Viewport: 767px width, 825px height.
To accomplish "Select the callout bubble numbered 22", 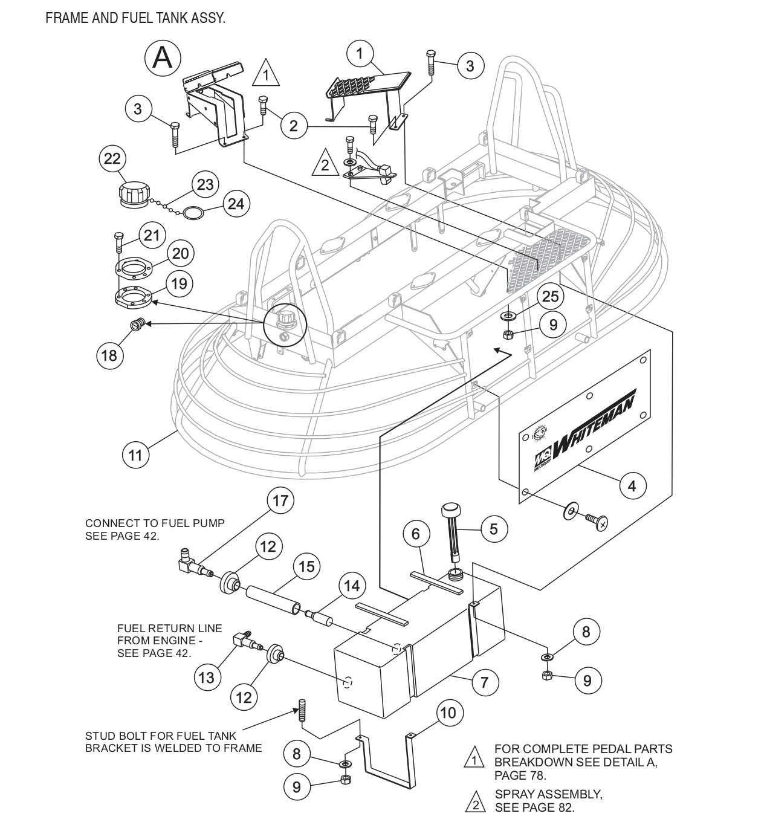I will pyautogui.click(x=112, y=159).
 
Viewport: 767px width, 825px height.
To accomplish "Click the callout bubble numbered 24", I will pyautogui.click(x=236, y=204).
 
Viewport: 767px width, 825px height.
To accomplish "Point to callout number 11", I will pyautogui.click(x=135, y=454).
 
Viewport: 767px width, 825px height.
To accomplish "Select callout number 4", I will pyautogui.click(x=632, y=485).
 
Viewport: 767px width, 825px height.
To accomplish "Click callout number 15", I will pyautogui.click(x=306, y=566).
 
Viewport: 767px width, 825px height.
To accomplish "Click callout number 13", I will pyautogui.click(x=207, y=678).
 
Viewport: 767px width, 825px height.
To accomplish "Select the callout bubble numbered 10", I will pyautogui.click(x=447, y=713).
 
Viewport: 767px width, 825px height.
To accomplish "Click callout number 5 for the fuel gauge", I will pyautogui.click(x=494, y=529).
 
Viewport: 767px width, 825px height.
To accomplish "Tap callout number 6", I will pyautogui.click(x=416, y=534).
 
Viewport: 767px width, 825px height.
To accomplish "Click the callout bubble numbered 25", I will pyautogui.click(x=551, y=296).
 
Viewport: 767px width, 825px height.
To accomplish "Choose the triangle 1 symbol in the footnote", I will pyautogui.click(x=474, y=757).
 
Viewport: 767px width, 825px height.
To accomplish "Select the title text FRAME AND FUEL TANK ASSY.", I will pyautogui.click(x=135, y=18).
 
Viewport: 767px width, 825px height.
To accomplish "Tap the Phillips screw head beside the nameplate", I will pyautogui.click(x=601, y=522).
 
